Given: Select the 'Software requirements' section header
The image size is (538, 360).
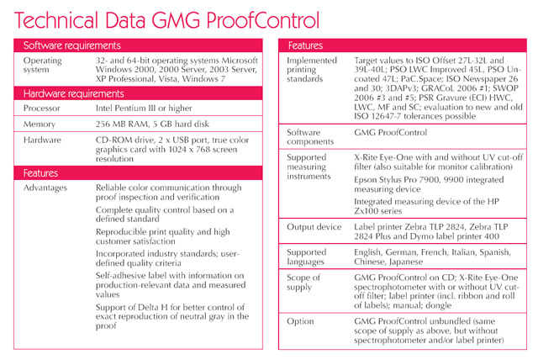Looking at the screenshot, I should pos(71,45).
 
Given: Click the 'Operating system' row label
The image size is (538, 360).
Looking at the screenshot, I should pos(43,66).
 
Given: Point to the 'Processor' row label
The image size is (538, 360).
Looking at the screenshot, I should pos(42,109).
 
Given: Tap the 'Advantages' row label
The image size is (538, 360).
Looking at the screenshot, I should pos(45,188).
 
